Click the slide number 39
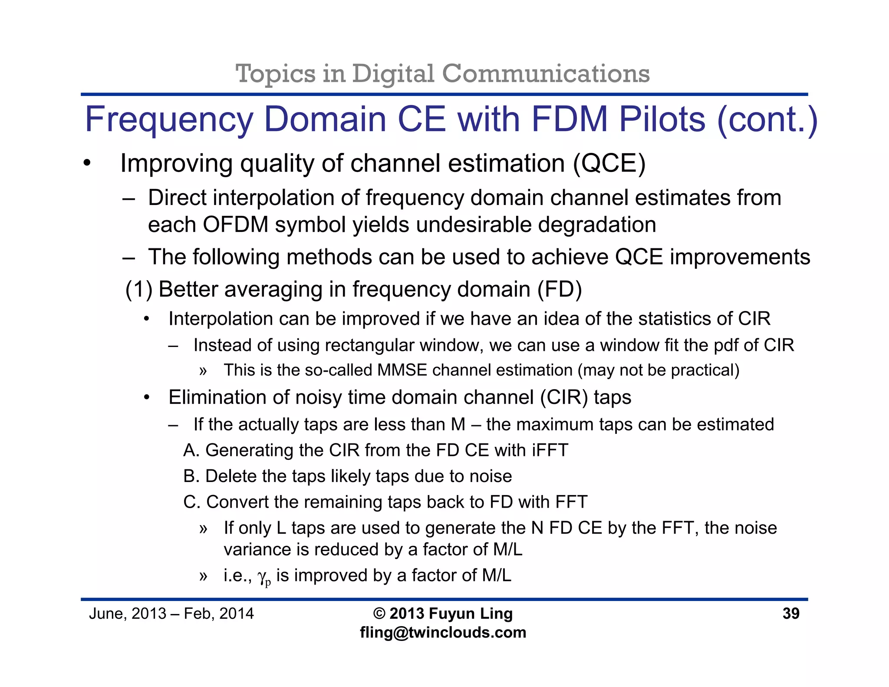click(x=790, y=613)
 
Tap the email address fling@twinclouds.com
click(x=443, y=632)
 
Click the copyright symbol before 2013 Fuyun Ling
click(x=379, y=614)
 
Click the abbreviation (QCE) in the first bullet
click(x=609, y=164)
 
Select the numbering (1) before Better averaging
click(x=138, y=289)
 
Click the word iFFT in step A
click(x=550, y=450)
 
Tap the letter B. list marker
click(x=191, y=476)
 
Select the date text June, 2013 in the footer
click(x=128, y=614)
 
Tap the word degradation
click(x=597, y=225)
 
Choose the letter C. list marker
click(x=191, y=502)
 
